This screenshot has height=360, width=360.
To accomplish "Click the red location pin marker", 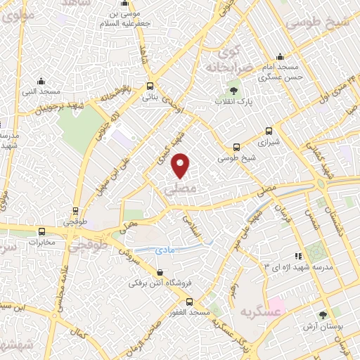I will [x=181, y=165].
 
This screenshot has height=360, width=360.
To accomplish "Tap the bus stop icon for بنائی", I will [x=149, y=86].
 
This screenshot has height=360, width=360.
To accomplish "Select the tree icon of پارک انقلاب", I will [x=233, y=90].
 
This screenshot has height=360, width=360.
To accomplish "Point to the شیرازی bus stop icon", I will [x=269, y=131].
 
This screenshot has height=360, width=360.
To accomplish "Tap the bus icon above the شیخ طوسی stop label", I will [x=236, y=147].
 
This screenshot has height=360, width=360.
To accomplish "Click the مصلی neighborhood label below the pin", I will [x=176, y=190].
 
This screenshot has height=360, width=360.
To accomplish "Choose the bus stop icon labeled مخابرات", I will [x=42, y=231].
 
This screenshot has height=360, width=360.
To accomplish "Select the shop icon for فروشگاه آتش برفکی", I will [x=160, y=273].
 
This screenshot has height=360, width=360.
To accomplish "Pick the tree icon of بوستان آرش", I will [x=323, y=316].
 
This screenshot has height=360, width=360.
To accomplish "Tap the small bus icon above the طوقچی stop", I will [x=76, y=210].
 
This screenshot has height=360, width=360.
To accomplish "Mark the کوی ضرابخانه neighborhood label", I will [x=225, y=60].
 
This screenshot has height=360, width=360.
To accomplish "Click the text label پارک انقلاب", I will [x=233, y=102].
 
